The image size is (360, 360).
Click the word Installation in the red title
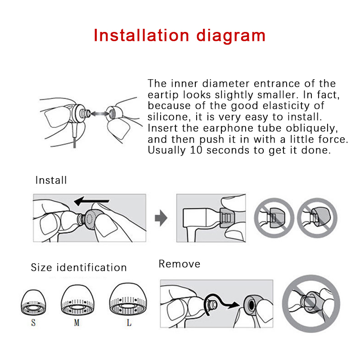(x=141, y=36)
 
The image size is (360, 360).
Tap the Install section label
(x=51, y=180)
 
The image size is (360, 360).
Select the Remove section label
(x=179, y=264)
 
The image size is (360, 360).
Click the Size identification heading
(x=79, y=267)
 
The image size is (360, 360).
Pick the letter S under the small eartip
(x=33, y=323)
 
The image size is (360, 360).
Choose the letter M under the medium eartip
(x=76, y=323)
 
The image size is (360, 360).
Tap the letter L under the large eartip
(x=129, y=323)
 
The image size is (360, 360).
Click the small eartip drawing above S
(x=33, y=302)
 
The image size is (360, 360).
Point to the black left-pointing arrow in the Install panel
(x=91, y=201)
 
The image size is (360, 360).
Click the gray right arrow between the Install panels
(x=161, y=218)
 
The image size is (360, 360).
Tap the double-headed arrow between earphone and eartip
(x=99, y=113)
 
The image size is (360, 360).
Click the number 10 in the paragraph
(x=196, y=150)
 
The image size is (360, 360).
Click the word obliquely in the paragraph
(x=312, y=128)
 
